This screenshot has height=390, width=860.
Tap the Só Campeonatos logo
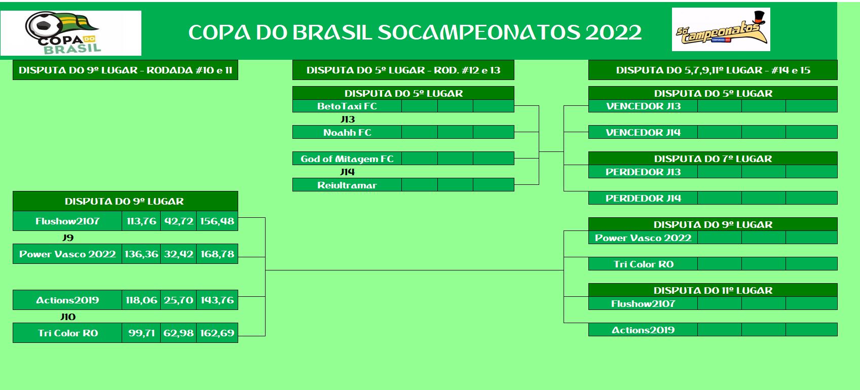click(x=721, y=29)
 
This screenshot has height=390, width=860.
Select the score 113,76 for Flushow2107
click(x=141, y=221)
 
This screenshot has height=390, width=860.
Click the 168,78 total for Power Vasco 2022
click(x=217, y=254)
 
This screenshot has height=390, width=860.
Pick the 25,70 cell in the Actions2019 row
click(x=178, y=300)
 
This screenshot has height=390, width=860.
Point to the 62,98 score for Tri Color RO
click(x=178, y=333)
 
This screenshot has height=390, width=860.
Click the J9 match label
click(x=68, y=238)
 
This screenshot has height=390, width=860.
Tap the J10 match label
click(x=68, y=317)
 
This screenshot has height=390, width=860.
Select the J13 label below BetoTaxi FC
click(x=348, y=120)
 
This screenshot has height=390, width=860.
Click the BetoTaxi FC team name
click(x=347, y=106)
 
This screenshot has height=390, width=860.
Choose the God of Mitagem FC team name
click(x=347, y=159)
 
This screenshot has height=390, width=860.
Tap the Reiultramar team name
click(x=347, y=185)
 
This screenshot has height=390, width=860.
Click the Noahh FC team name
click(x=347, y=132)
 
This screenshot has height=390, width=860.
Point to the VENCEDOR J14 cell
click(x=643, y=132)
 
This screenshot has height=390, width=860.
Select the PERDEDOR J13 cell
click(x=643, y=172)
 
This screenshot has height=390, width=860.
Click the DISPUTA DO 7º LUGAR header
click(x=713, y=159)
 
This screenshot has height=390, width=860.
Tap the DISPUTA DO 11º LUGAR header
click(x=713, y=290)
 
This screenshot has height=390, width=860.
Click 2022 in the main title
click(x=614, y=32)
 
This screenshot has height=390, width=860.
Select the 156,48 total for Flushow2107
click(x=217, y=221)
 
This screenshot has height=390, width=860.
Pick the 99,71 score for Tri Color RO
click(x=141, y=333)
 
